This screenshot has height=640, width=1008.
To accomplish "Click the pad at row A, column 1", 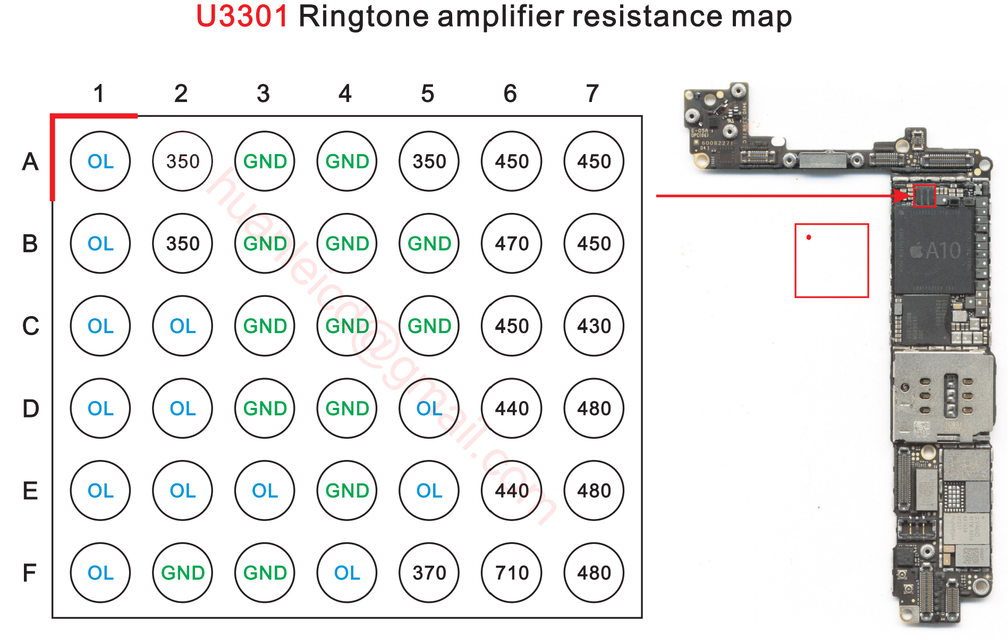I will (x=100, y=161).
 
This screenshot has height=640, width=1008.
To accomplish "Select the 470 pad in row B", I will (x=511, y=243).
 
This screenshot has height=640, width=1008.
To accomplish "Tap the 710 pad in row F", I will (x=511, y=573).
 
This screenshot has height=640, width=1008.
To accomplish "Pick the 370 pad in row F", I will (x=429, y=573).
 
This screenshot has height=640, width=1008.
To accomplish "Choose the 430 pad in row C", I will (x=594, y=326).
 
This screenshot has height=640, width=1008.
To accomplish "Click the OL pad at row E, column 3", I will (x=265, y=490).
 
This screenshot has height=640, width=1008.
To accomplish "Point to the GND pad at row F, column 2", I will (x=182, y=573).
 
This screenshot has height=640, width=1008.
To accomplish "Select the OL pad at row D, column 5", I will (x=429, y=408).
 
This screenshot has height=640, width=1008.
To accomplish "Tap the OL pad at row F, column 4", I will (x=346, y=573).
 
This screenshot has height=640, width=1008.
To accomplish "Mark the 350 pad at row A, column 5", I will (x=429, y=161).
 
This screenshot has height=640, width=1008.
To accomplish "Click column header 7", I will (x=592, y=94).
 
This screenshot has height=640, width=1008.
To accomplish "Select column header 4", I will (x=345, y=94).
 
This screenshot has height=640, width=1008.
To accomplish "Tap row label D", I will (x=30, y=408).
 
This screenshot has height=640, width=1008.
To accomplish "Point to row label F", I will (x=30, y=573).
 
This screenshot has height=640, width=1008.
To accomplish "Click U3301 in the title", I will (x=242, y=16).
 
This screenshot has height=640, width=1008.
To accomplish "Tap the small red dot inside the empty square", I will (x=809, y=237).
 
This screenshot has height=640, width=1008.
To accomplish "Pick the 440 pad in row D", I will (x=511, y=408).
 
